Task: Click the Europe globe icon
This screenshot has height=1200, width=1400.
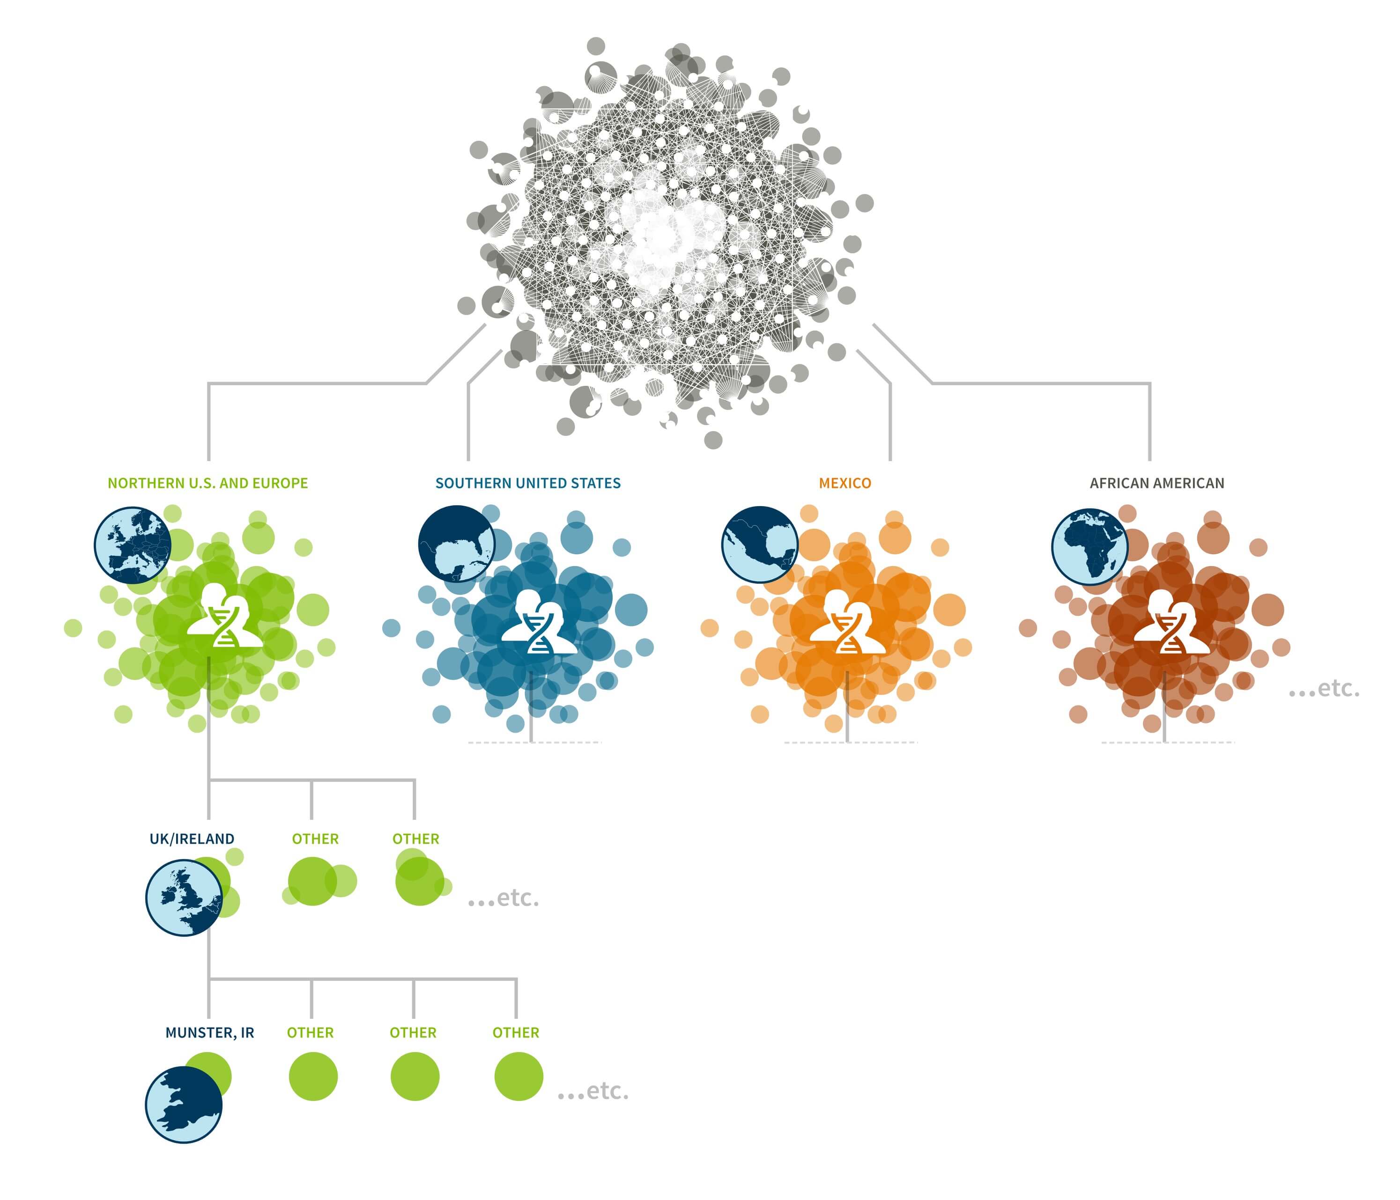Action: pyautogui.click(x=133, y=545)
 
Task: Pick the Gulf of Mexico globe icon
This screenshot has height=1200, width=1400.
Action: pyautogui.click(x=456, y=544)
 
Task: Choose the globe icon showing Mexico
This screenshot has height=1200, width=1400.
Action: pyautogui.click(x=760, y=545)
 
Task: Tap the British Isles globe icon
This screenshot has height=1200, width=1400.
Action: pyautogui.click(x=184, y=898)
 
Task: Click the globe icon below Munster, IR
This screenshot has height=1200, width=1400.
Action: pyautogui.click(x=184, y=1105)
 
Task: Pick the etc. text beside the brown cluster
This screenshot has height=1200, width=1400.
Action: pyautogui.click(x=1324, y=689)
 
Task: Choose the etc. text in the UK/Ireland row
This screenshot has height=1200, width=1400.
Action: pyautogui.click(x=504, y=898)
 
